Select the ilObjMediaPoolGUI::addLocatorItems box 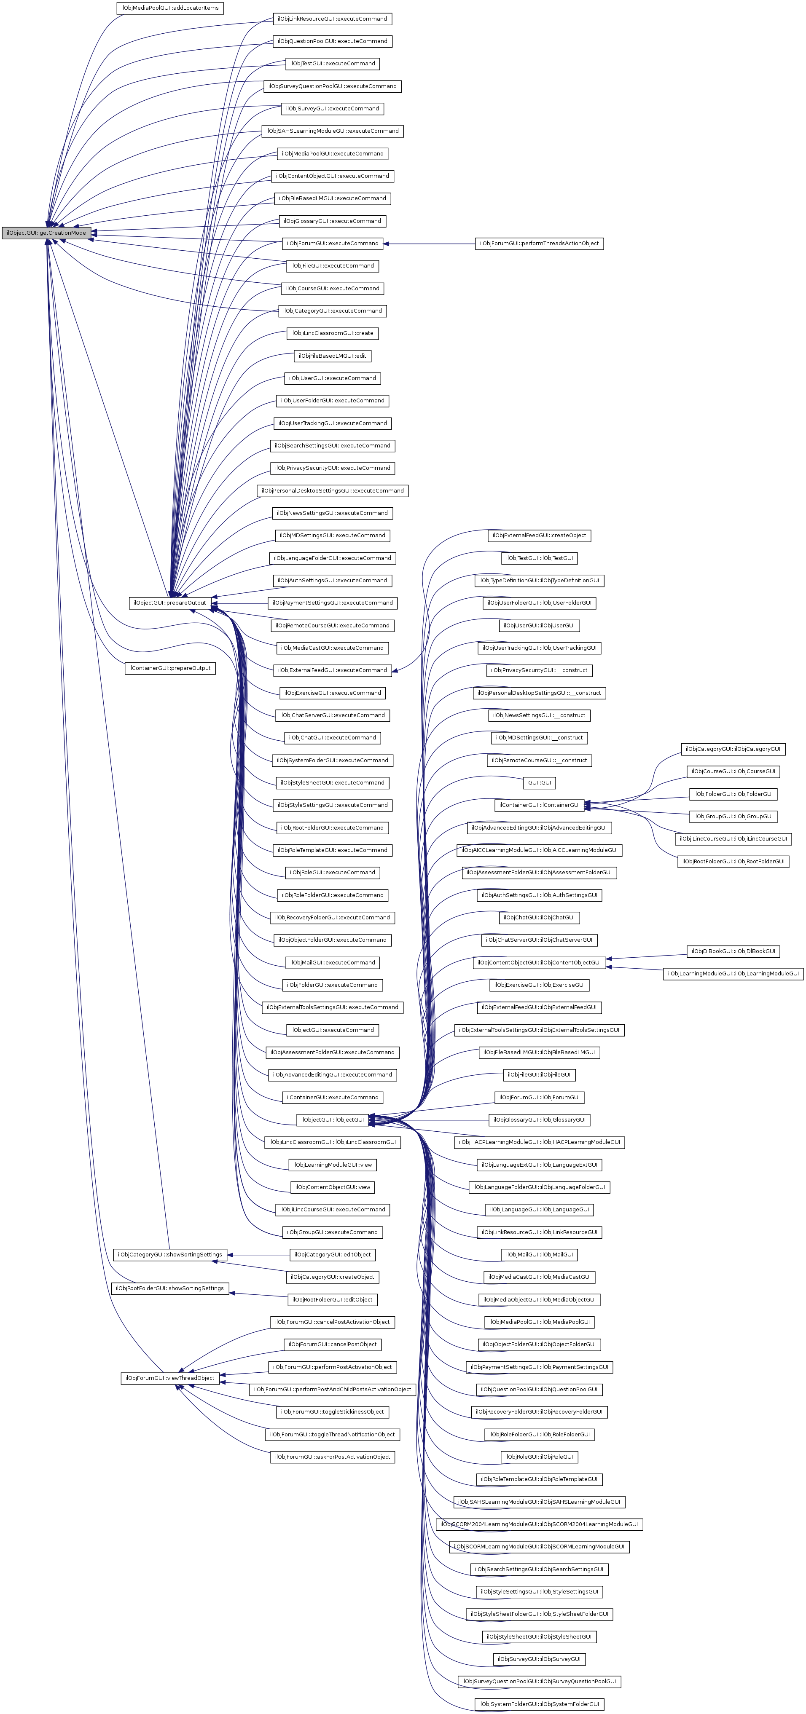[x=170, y=8]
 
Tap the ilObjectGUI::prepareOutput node [x=170, y=603]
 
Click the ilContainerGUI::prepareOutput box [x=170, y=668]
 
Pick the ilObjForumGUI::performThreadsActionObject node [x=539, y=244]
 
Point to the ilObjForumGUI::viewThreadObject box [x=170, y=1378]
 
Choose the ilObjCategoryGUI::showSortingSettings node [x=170, y=1255]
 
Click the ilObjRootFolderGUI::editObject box [x=333, y=1299]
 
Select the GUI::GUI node [x=539, y=782]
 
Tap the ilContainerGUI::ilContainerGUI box [x=539, y=805]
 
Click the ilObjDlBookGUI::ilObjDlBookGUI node [x=733, y=951]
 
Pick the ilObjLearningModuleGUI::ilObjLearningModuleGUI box [x=733, y=973]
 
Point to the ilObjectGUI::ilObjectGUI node [x=332, y=1120]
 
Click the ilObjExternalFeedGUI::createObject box [x=539, y=536]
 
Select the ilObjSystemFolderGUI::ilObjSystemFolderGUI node [x=539, y=1704]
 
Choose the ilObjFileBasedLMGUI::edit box [x=332, y=356]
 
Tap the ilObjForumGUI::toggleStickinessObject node [x=332, y=1412]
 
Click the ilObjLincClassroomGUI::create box [x=332, y=333]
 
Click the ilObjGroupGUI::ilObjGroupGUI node [x=733, y=817]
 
